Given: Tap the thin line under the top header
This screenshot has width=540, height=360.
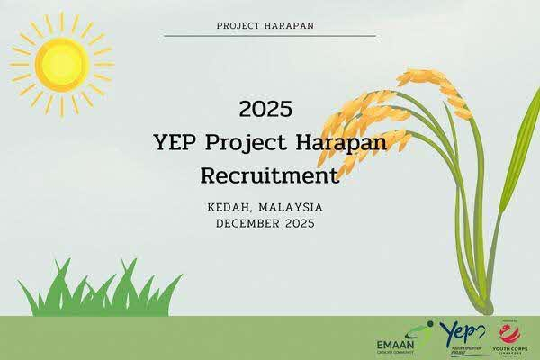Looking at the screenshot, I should point(270,36).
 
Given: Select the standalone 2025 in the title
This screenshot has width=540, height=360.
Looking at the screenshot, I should point(265,110).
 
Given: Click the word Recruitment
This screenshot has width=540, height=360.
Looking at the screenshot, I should point(265,173).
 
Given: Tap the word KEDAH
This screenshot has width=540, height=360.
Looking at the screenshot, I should point(229,207).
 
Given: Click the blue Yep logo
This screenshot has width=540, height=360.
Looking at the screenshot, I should point(463,337).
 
